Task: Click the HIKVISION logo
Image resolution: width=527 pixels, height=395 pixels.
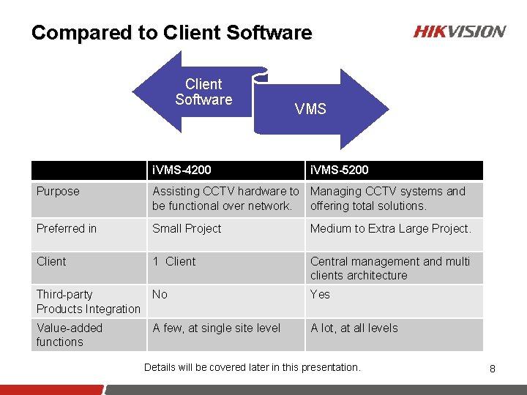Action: [460, 31]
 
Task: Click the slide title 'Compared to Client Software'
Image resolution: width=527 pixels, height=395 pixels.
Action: [171, 33]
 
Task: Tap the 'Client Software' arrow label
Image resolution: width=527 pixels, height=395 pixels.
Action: [203, 92]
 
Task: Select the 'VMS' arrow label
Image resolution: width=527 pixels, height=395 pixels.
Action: [310, 109]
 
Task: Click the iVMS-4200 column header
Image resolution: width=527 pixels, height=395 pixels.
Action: [182, 170]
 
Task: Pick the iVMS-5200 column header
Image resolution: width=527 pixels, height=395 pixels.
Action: [340, 170]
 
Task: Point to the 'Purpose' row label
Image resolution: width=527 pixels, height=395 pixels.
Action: [58, 192]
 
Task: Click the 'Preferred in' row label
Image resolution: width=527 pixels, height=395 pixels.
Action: [67, 229]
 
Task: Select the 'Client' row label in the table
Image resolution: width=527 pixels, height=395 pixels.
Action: [51, 262]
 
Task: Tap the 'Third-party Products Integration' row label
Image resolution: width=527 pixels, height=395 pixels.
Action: [88, 301]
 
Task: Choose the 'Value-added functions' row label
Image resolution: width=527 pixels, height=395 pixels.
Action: [70, 335]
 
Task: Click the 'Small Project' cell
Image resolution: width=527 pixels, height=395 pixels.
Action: [187, 229]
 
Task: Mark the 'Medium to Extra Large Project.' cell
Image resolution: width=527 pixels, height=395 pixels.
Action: [391, 229]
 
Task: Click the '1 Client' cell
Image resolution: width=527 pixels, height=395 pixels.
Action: [174, 262]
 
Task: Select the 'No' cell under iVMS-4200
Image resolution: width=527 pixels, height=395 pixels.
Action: [160, 295]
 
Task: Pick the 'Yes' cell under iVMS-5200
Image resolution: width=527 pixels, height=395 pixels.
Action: [320, 295]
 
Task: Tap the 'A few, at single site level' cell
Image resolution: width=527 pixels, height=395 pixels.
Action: [216, 328]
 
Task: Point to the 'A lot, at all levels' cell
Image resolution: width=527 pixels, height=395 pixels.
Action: [354, 328]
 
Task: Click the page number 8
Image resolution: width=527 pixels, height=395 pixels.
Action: [493, 369]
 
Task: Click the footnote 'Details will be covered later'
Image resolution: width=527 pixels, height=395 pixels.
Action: [253, 367]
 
